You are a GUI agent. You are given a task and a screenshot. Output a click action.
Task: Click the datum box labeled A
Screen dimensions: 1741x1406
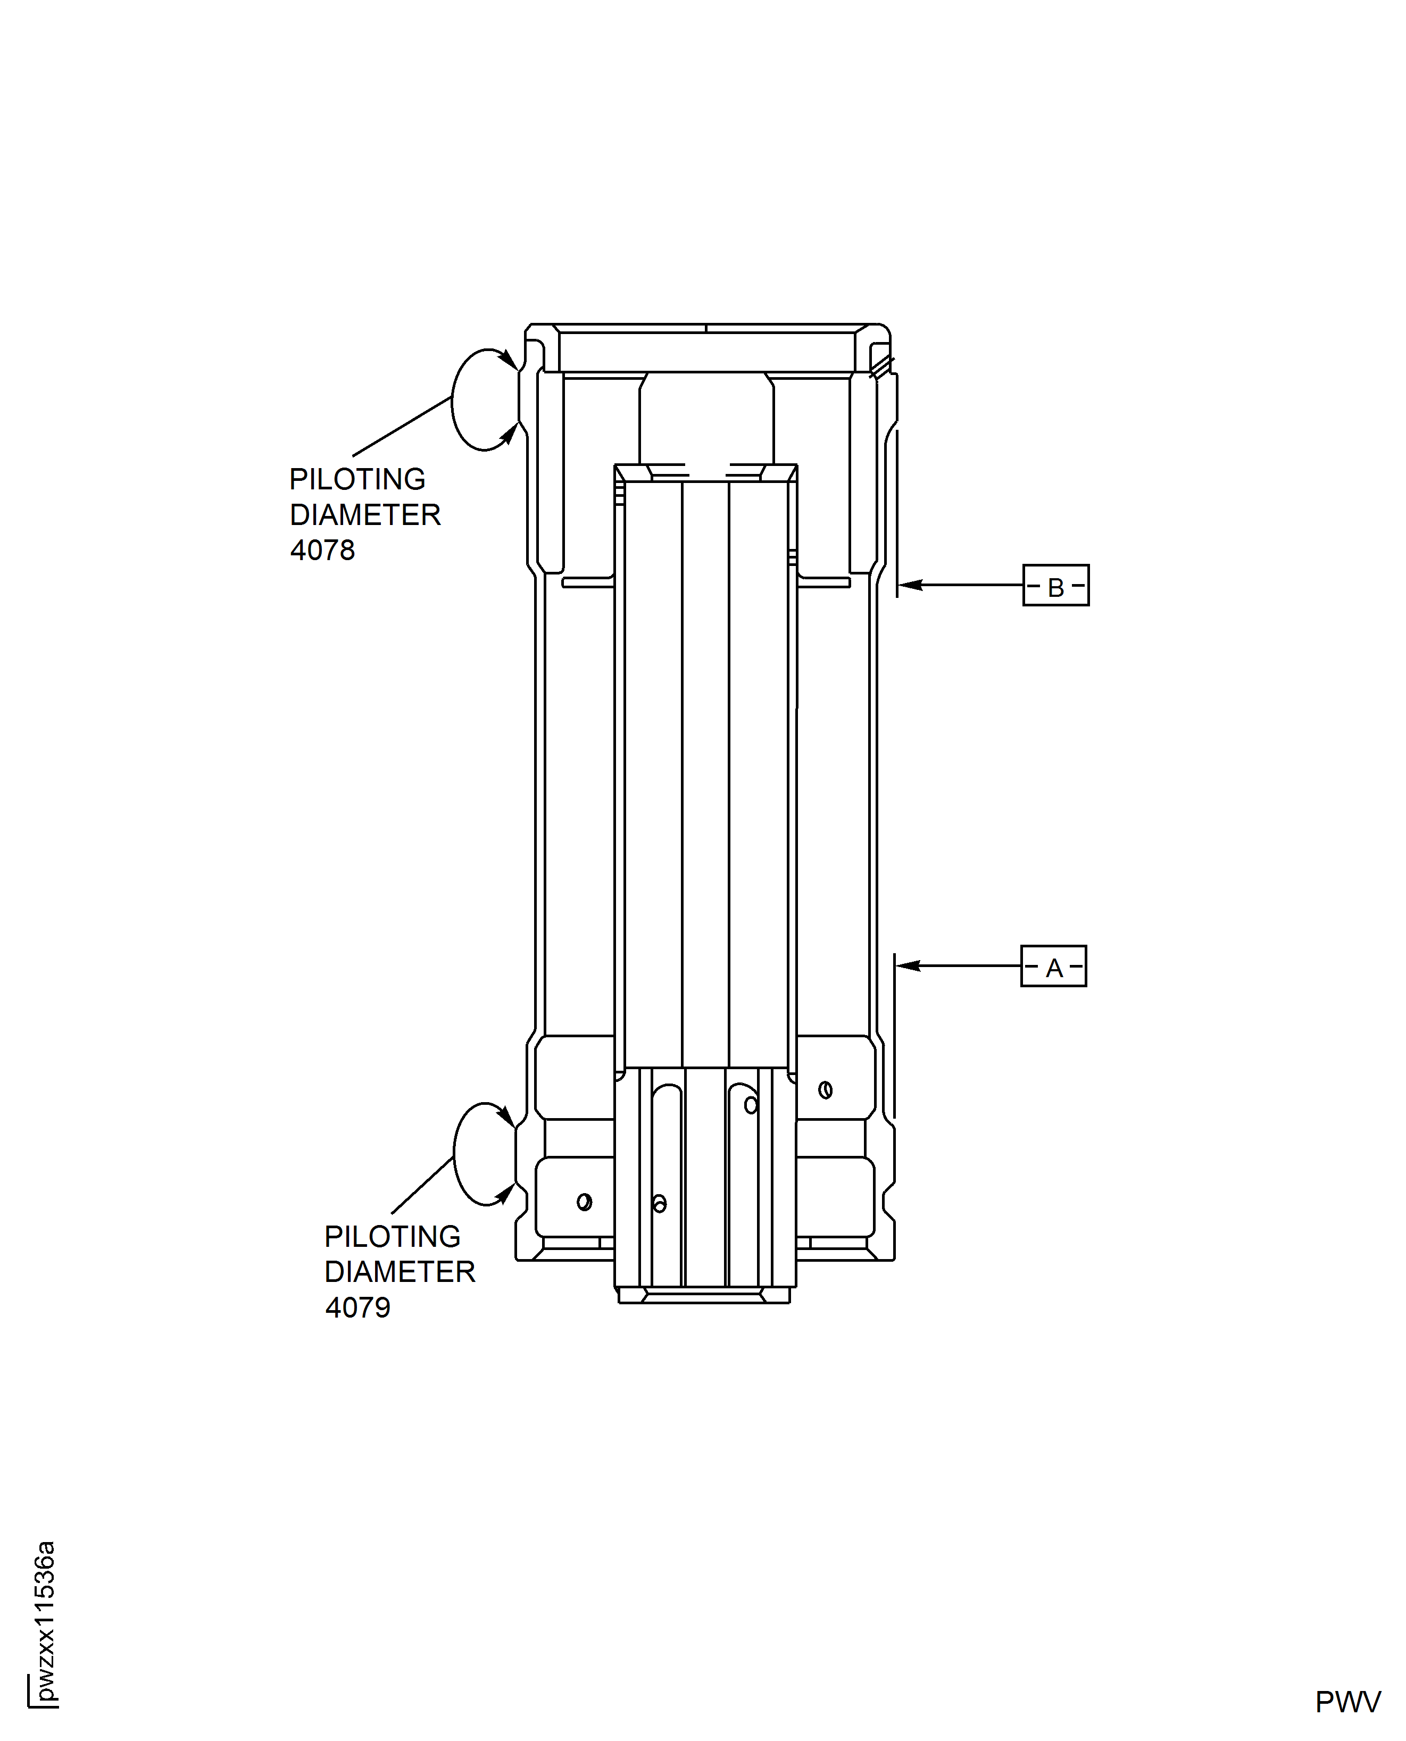click(1053, 966)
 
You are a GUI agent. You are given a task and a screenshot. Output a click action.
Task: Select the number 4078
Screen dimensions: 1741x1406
click(322, 551)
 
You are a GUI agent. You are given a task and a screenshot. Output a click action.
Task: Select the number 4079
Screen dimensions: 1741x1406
click(357, 1308)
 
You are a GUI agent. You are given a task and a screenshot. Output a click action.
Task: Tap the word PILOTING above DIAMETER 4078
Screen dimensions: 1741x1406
click(357, 479)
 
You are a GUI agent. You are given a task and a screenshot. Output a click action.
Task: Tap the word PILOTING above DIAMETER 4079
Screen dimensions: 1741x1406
click(392, 1237)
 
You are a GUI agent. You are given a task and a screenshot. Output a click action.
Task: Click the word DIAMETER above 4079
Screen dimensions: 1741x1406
click(400, 1272)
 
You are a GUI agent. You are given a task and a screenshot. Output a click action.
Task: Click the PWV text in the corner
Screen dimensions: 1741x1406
click(1347, 1702)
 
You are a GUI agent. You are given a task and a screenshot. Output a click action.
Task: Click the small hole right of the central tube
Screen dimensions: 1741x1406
click(825, 1090)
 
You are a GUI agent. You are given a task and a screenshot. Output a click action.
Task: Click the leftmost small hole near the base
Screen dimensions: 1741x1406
click(584, 1202)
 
